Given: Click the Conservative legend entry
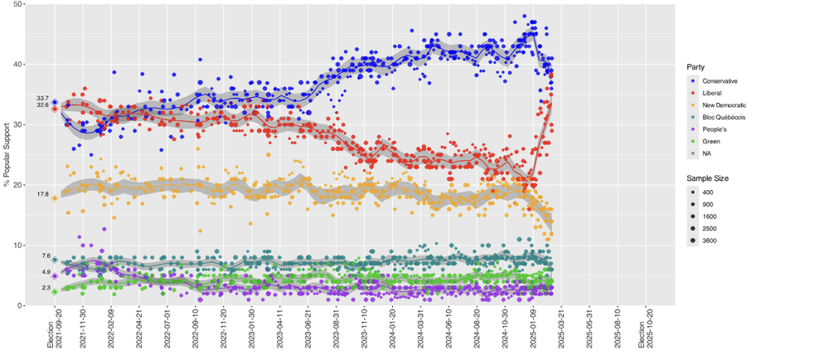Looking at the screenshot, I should pos(720,80).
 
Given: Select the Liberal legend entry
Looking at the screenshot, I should pos(712,93).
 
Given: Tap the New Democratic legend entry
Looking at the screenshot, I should pos(724,105).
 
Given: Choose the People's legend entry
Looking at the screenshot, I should pos(715,129).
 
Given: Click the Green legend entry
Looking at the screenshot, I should pos(711,141).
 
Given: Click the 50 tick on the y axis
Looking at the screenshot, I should pos(18,4).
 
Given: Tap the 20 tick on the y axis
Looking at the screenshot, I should pos(18,185).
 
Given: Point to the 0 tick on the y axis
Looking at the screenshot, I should pos(21,305).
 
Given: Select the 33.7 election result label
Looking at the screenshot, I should pos(42,98).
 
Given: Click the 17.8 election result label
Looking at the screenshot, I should pos(42,194).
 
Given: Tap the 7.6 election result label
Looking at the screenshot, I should pos(45,256).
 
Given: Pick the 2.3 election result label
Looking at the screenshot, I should pos(45,287).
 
